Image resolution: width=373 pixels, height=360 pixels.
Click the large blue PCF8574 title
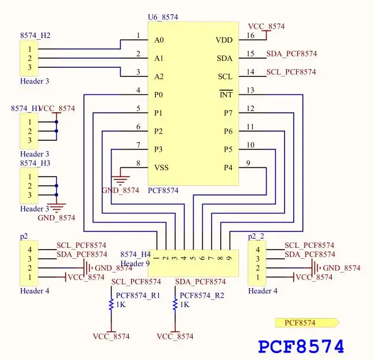(x=301, y=346)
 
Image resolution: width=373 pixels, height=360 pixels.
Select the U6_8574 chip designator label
(x=163, y=17)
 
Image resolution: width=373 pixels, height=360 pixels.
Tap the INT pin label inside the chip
(x=226, y=95)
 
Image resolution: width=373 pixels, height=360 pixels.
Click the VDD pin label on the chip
(x=224, y=40)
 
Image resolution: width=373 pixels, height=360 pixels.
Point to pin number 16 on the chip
(x=250, y=36)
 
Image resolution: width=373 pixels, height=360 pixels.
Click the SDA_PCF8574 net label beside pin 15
(x=291, y=54)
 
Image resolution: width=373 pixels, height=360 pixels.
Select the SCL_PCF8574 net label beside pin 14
(x=291, y=72)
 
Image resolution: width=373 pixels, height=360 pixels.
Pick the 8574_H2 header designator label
(x=35, y=36)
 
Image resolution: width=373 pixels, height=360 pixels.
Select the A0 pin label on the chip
(x=159, y=40)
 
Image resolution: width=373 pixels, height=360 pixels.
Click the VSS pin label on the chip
(x=162, y=168)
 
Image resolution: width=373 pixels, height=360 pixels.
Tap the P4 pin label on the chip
(x=228, y=168)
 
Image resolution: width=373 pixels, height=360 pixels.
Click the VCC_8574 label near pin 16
(x=266, y=26)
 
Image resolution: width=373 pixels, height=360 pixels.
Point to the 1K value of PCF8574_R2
(x=184, y=305)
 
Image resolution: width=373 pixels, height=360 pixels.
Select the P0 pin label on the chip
(x=159, y=95)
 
